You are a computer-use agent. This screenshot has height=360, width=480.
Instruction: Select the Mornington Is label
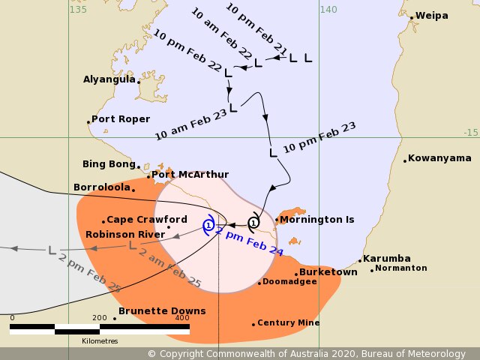pyautogui.click(x=318, y=220)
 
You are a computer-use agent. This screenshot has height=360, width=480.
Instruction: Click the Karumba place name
pyautogui.click(x=387, y=258)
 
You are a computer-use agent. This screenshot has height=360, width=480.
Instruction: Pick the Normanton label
pyautogui.click(x=401, y=268)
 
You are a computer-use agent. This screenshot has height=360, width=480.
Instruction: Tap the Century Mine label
pyautogui.click(x=289, y=323)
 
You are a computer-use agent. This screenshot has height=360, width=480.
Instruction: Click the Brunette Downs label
pyautogui.click(x=162, y=311)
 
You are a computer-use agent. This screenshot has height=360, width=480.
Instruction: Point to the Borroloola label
pyautogui.click(x=103, y=187)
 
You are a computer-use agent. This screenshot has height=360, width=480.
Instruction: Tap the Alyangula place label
pyautogui.click(x=109, y=79)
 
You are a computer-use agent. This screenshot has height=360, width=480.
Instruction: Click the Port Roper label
pyautogui.click(x=121, y=119)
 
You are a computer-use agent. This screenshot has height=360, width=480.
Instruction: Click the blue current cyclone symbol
pyautogui.click(x=209, y=224)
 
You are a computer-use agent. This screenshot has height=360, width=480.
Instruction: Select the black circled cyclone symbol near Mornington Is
pyautogui.click(x=253, y=223)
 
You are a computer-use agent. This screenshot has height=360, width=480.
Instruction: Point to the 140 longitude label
pyautogui.click(x=328, y=9)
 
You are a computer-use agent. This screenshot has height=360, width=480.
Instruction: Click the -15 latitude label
pyautogui.click(x=470, y=132)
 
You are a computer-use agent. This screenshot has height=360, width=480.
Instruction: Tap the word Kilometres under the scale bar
pyautogui.click(x=100, y=341)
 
